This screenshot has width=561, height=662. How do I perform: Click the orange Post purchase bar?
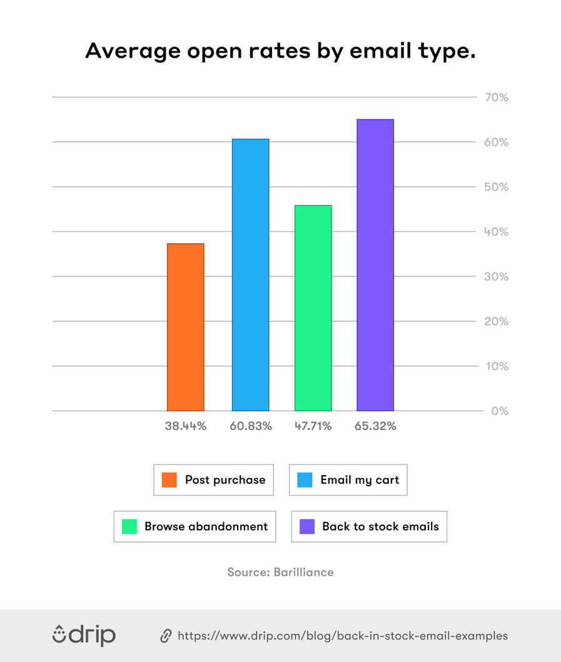pyautogui.click(x=185, y=327)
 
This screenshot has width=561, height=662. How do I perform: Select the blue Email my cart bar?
pyautogui.click(x=250, y=275)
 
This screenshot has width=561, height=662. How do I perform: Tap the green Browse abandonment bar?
pyautogui.click(x=313, y=308)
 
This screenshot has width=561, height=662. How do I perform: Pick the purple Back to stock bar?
pyautogui.click(x=375, y=265)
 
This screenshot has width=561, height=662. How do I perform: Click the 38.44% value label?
pyautogui.click(x=186, y=426)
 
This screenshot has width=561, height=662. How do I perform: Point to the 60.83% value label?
pyautogui.click(x=251, y=426)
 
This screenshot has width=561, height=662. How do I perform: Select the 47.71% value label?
pyautogui.click(x=313, y=426)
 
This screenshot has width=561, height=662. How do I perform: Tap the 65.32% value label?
pyautogui.click(x=376, y=426)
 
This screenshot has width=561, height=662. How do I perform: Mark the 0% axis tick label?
pyautogui.click(x=498, y=411)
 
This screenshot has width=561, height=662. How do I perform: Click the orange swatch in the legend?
pyautogui.click(x=169, y=480)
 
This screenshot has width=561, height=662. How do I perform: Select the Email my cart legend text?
pyautogui.click(x=359, y=480)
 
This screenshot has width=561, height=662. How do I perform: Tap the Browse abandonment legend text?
pyautogui.click(x=206, y=526)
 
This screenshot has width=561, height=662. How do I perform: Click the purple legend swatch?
pyautogui.click(x=307, y=526)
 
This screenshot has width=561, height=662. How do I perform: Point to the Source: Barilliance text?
pyautogui.click(x=280, y=572)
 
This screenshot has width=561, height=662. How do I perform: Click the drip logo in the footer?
pyautogui.click(x=84, y=635)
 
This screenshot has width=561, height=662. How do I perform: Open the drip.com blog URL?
pyautogui.click(x=343, y=636)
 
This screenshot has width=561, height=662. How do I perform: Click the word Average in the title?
pyautogui.click(x=128, y=52)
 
